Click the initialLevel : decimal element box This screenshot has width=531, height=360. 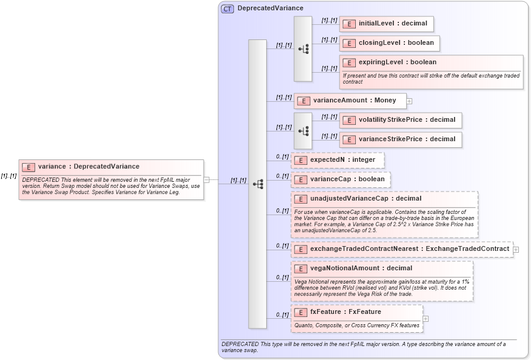pos(386,24)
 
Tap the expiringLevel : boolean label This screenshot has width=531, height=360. pos(397,62)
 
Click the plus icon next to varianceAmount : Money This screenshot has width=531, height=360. pos(410,101)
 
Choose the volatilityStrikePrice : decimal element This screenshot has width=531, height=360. pos(400,120)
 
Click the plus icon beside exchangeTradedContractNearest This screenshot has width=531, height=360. pos(516,249)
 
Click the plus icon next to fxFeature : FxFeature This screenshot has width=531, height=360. pos(426,319)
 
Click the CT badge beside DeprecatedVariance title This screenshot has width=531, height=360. pos(227,8)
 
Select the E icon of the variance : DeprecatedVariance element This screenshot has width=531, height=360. pos(28,167)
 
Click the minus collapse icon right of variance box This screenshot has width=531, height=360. pos(206,179)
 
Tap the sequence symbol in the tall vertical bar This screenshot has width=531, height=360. pos(257,183)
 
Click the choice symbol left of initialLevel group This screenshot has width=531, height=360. pos(303,49)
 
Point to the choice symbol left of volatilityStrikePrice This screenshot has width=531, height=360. pos(303,130)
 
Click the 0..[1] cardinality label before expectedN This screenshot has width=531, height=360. pos(282,156)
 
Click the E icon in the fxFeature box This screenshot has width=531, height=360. pos(300,312)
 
